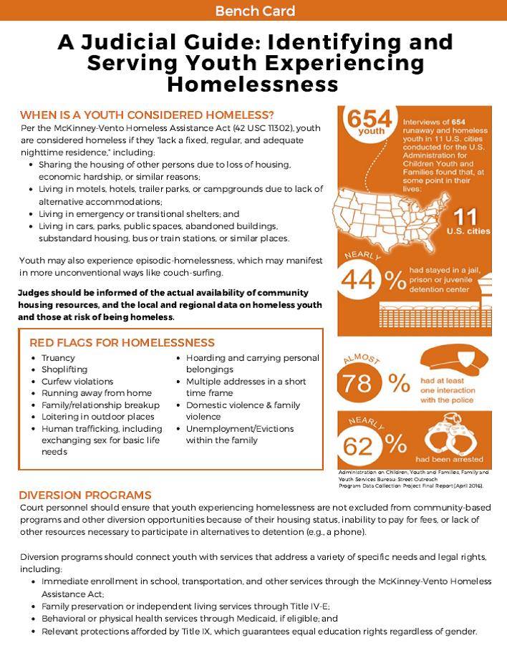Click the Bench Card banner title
click(254, 11)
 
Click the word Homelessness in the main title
click(253, 84)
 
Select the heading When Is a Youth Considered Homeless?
click(147, 115)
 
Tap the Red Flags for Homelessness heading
click(122, 342)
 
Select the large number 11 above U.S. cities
click(465, 216)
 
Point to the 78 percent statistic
click(372, 382)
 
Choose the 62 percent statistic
click(372, 445)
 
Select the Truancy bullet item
click(58, 358)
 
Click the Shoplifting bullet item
click(64, 369)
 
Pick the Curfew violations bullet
click(77, 382)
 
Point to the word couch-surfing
click(199, 273)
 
